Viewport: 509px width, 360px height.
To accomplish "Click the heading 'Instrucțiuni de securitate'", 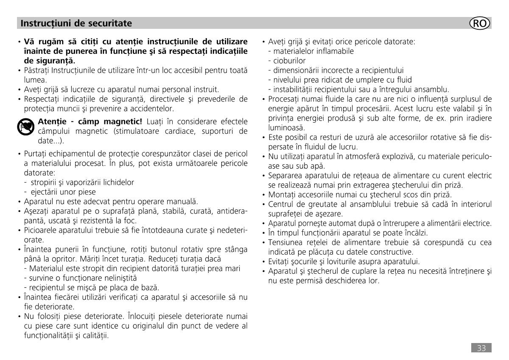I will pos(76,23).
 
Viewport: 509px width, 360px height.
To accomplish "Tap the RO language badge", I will pos(480,23).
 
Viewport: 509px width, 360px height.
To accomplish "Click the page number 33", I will pos(481,348).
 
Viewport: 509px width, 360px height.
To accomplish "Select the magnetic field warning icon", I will pos(25,127).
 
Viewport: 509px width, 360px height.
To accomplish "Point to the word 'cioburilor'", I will pos(289,61).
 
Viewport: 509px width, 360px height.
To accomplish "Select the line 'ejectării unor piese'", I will pos(63,192).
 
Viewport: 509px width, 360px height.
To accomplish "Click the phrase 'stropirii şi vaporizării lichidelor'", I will pos(82,183).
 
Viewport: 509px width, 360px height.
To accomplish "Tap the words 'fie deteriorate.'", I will pos(49,306).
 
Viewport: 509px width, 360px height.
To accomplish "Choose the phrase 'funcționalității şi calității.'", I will pos(66,335).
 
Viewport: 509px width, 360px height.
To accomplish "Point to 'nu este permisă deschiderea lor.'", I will pos(324,280).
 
